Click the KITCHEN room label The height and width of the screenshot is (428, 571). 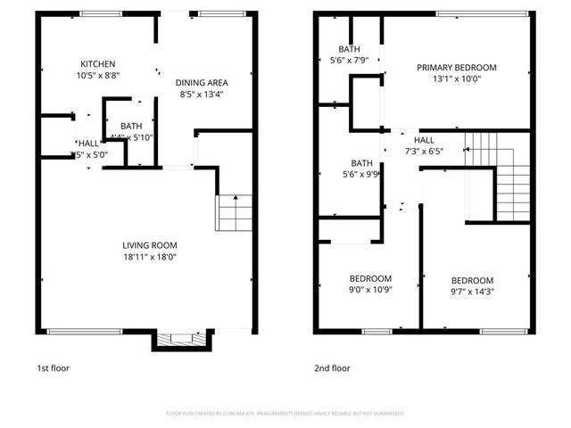pos(98,63)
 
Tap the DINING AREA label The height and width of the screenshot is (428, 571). pos(201,80)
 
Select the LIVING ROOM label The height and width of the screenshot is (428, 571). pos(150,245)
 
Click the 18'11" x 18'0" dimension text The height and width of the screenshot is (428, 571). pos(150,257)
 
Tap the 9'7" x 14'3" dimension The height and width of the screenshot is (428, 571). pos(473,291)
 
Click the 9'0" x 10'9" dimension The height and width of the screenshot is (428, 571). pos(370,289)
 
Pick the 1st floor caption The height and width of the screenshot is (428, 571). pos(53,367)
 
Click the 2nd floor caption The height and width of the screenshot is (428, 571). pos(333,367)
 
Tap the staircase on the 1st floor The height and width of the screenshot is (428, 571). pos(229,212)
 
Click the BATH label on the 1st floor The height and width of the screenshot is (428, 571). pos(131,127)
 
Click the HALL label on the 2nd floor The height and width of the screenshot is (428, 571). pos(424,140)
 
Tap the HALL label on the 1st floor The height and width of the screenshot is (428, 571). pos(88,143)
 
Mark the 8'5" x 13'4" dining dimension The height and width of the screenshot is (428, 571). pos(201,92)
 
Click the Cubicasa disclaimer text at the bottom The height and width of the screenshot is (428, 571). pos(285,414)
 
